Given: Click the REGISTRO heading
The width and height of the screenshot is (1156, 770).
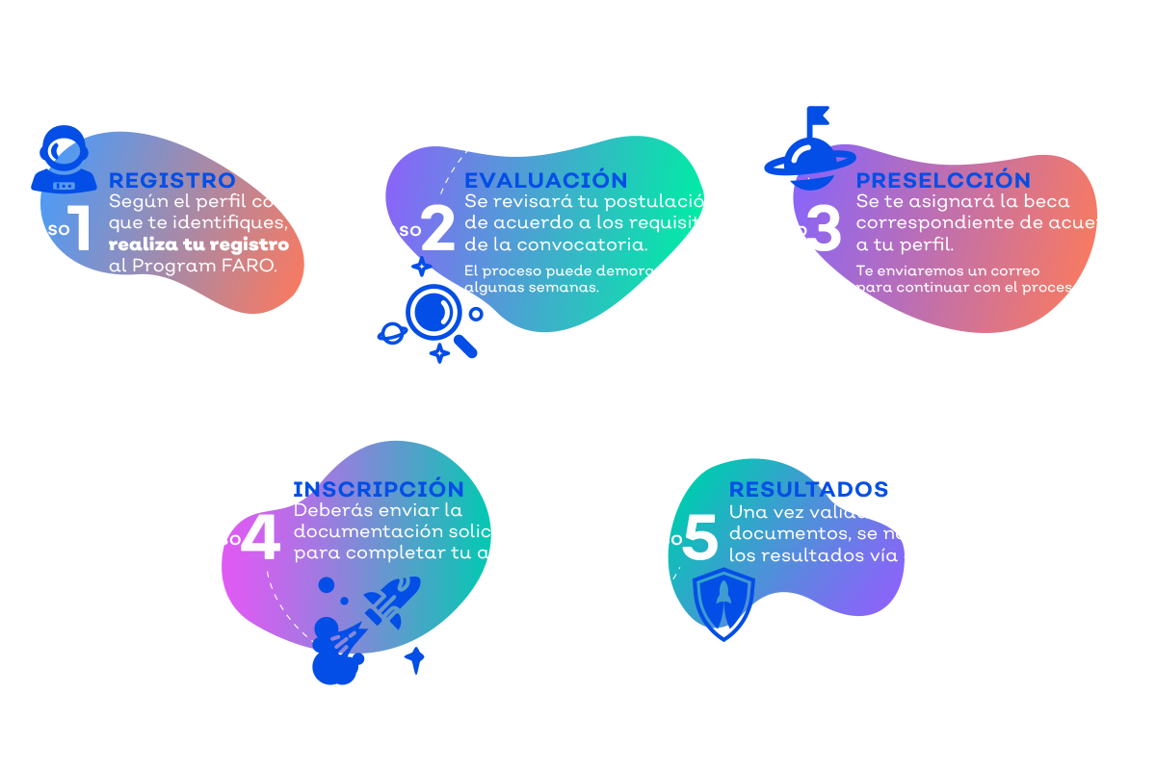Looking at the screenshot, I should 171,181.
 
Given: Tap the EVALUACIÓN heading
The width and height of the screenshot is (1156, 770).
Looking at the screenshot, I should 545,181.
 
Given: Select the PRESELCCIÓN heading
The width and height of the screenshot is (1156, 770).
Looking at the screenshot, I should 943,181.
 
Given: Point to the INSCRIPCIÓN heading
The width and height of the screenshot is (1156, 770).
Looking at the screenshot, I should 378,489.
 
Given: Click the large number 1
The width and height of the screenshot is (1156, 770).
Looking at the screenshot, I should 80,229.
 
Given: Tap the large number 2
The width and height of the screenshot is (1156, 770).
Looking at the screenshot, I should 437,229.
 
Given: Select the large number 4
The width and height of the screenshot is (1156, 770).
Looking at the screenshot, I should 259,539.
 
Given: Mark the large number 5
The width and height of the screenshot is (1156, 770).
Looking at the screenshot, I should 700,539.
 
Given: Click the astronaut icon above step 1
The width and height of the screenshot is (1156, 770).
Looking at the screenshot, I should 64,160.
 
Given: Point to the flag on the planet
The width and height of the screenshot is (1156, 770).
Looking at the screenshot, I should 820,118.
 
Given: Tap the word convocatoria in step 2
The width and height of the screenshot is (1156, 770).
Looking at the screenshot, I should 591,244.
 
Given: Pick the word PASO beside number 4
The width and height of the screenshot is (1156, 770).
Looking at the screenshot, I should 219,540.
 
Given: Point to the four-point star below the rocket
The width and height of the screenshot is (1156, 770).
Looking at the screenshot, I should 415,660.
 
